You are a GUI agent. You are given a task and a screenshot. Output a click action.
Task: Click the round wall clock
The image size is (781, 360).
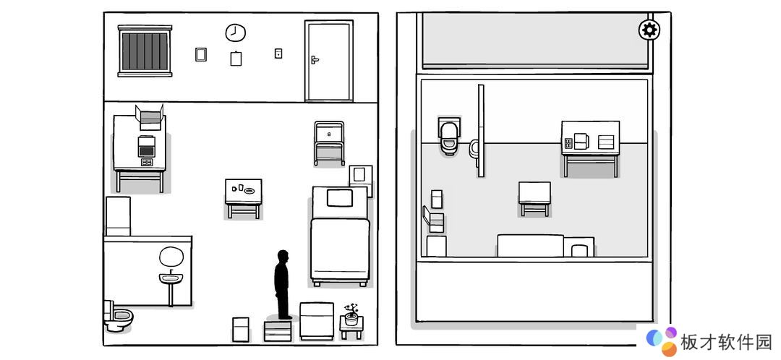click(x=235, y=33)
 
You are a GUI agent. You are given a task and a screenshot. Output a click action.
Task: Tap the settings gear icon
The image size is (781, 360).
click(x=649, y=30)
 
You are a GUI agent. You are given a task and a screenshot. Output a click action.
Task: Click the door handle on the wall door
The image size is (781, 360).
click(x=315, y=60)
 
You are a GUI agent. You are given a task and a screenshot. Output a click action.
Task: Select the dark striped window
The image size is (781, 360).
click(x=145, y=51)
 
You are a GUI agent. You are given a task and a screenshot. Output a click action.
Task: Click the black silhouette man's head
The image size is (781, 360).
click(x=283, y=257)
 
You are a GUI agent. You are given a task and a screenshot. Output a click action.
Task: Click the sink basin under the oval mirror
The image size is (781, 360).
click(x=171, y=278)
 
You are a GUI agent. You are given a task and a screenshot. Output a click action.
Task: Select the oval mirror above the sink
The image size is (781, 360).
click(x=171, y=257)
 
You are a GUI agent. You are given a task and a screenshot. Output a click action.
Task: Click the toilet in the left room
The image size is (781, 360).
click(x=118, y=316)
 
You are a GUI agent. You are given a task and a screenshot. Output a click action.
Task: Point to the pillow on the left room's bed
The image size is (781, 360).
click(x=340, y=197)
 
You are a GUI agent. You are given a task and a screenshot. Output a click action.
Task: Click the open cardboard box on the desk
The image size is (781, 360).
click(x=150, y=117)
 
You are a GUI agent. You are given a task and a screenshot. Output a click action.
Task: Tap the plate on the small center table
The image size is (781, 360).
click(x=249, y=190)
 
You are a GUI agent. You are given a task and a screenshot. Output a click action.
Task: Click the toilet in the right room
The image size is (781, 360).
click(x=449, y=137)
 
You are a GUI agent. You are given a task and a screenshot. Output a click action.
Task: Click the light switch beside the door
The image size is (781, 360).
click(x=278, y=53)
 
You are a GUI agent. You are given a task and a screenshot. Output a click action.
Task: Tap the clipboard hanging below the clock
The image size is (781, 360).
click(x=236, y=59)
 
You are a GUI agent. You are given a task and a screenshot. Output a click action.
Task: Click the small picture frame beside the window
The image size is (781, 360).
click(x=201, y=54)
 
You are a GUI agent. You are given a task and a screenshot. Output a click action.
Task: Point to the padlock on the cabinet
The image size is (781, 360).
click(x=329, y=134)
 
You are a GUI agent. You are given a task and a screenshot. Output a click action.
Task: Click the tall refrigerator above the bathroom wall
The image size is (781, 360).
click(x=118, y=216)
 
